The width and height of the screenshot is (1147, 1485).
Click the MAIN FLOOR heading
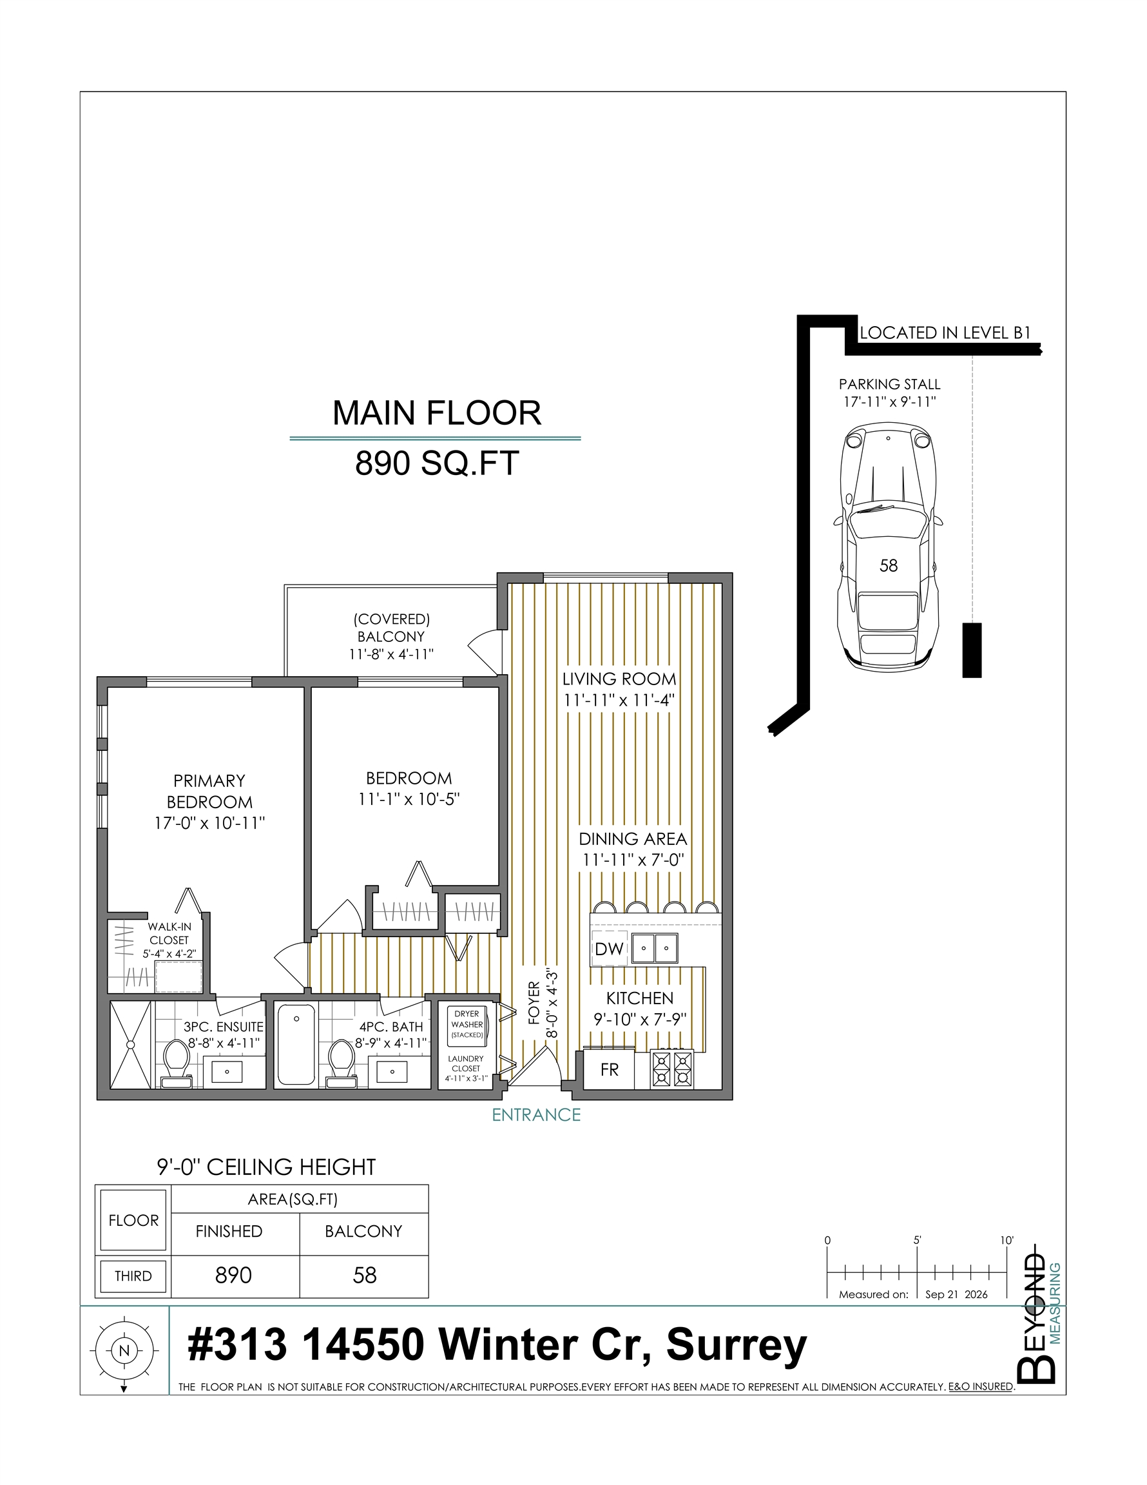(436, 412)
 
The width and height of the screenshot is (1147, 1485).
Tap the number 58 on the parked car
(888, 566)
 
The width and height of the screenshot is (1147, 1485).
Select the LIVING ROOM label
(619, 679)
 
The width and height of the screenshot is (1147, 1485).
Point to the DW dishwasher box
(608, 949)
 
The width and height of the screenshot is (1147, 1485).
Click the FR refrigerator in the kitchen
(609, 1069)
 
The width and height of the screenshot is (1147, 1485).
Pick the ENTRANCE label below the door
(536, 1115)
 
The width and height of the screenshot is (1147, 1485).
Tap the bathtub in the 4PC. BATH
(296, 1044)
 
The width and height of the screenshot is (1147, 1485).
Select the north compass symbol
(124, 1351)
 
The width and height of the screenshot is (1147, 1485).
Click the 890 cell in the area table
(233, 1276)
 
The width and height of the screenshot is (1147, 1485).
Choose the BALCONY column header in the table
(363, 1232)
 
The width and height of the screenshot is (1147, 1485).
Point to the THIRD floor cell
(133, 1276)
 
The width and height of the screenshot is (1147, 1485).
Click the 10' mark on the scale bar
(1007, 1240)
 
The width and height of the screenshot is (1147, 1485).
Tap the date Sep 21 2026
(956, 1294)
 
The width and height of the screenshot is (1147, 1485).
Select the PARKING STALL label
(889, 384)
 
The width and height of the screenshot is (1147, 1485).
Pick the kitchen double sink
(655, 948)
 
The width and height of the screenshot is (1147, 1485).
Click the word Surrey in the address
(737, 1346)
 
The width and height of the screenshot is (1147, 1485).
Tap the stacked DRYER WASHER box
(467, 1025)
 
